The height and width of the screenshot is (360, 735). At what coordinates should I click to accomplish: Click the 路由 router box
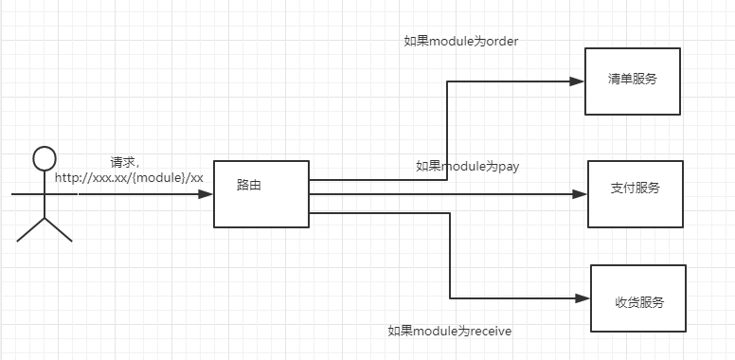click(261, 193)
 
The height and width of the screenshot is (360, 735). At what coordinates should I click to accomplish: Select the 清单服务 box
click(632, 81)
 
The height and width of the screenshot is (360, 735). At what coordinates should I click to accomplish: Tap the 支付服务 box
click(635, 194)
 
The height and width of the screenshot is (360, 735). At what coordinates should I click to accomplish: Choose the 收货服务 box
click(637, 298)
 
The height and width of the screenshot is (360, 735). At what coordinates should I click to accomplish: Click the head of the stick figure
click(44, 158)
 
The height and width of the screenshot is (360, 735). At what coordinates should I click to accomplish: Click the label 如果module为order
click(461, 41)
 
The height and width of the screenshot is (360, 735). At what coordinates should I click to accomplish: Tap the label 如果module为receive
click(450, 331)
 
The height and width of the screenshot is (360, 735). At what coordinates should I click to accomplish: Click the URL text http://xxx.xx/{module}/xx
click(129, 177)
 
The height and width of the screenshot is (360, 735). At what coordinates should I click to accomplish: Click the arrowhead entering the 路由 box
click(206, 194)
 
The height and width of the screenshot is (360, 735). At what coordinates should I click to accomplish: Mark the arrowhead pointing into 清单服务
click(577, 81)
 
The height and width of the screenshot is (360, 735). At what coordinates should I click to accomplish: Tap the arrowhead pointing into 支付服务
click(580, 194)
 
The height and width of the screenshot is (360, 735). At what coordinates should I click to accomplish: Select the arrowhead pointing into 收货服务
click(583, 298)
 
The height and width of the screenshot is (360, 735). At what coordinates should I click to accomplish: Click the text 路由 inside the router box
click(249, 185)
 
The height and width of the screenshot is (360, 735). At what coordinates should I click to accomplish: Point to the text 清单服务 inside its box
click(632, 80)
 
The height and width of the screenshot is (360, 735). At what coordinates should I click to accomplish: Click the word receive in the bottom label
click(490, 331)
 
